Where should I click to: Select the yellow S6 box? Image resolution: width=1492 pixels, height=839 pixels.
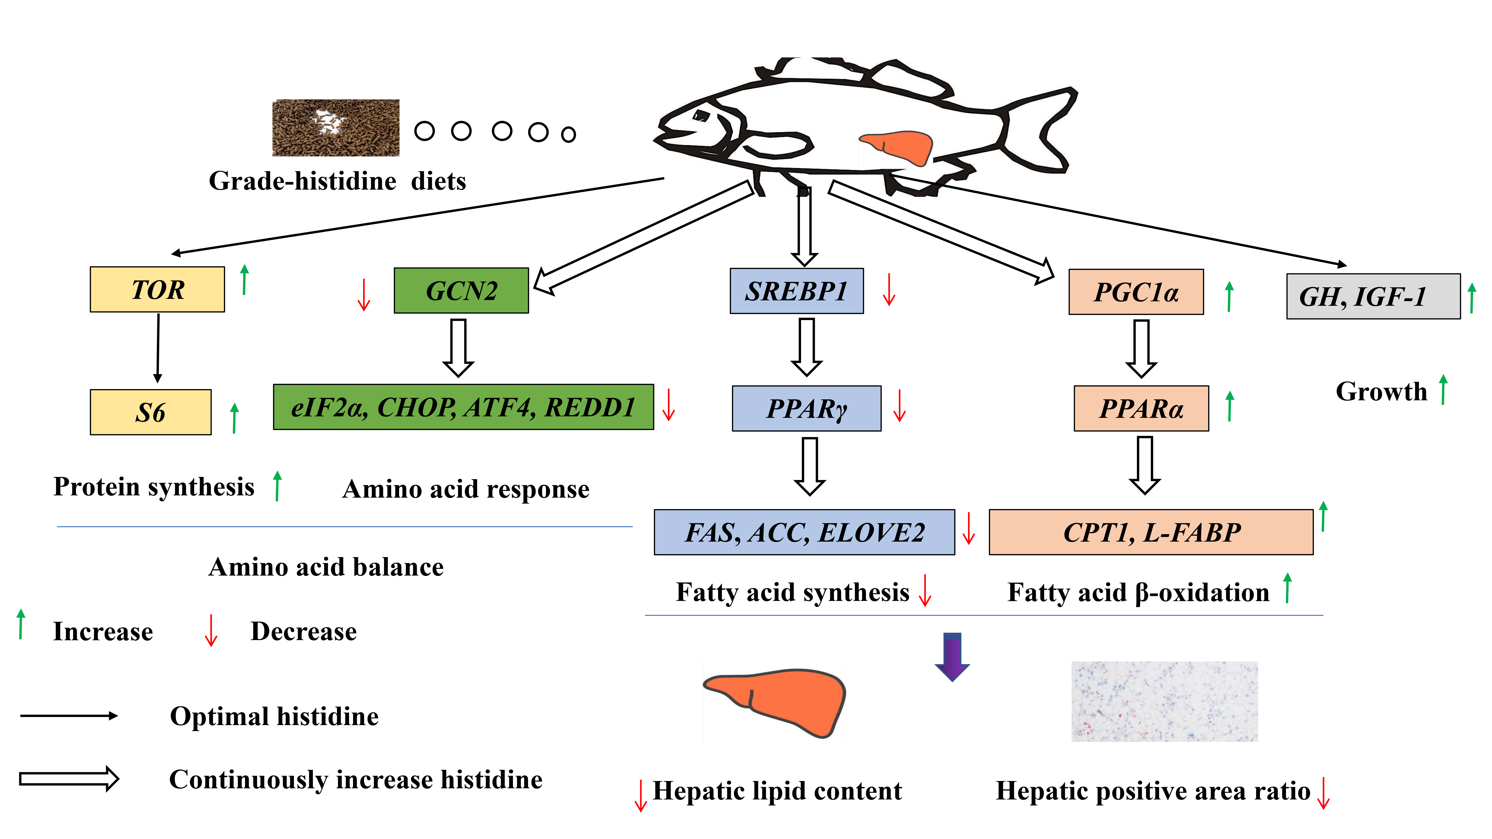point(151,412)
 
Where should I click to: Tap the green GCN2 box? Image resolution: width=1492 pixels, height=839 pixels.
point(461,291)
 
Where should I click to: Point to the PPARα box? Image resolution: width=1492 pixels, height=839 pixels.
point(1141,408)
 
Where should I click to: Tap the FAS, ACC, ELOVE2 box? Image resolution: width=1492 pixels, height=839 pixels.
point(804,532)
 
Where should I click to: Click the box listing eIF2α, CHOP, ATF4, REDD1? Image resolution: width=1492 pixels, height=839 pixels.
point(463,407)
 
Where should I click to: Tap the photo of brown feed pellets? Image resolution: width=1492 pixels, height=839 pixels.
point(336,127)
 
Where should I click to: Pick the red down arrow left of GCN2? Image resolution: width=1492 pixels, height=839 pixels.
point(364,295)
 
